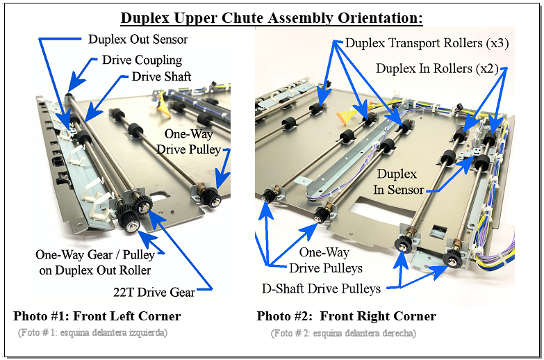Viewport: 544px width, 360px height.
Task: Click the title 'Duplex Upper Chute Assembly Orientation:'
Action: (272, 18)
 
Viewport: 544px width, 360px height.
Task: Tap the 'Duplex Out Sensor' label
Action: (138, 39)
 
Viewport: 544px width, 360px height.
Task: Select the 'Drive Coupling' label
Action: (142, 60)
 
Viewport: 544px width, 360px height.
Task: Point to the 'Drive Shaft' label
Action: (161, 76)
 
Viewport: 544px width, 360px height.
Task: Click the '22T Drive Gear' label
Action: (154, 293)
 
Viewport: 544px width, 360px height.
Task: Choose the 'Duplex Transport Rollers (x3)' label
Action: (427, 43)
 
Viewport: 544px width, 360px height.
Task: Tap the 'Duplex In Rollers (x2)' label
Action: (437, 68)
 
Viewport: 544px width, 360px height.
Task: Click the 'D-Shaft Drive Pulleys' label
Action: (321, 289)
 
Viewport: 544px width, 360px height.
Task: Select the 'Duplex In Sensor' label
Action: (398, 181)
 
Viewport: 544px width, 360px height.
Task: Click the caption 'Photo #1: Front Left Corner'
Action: (97, 316)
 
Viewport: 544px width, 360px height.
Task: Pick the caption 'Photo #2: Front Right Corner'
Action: (346, 316)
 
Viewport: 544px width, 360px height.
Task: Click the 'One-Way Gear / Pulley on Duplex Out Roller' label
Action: (95, 263)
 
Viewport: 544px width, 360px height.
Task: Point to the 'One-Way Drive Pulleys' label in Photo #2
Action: (325, 260)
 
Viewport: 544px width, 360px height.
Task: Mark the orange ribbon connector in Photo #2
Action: (343, 117)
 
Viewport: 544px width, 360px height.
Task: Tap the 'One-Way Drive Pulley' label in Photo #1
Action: (188, 142)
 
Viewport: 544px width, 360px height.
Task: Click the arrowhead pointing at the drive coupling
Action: (76, 83)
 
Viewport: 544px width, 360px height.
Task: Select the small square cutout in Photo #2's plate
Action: (438, 231)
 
